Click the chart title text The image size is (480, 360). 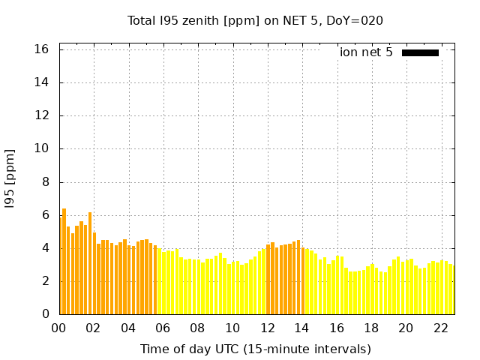255,21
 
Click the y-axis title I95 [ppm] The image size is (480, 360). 10,178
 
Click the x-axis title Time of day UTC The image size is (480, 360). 255,349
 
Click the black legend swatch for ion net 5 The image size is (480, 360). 420,52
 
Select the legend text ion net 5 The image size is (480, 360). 366,52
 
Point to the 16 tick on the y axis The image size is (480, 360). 42,49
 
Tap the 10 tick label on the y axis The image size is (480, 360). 42,148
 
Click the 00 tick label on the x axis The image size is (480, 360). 58,328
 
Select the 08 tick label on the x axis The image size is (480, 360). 197,328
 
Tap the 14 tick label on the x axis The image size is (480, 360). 301,328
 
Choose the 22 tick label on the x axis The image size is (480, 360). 440,328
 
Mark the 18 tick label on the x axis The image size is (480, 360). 371,328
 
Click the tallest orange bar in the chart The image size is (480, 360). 64,262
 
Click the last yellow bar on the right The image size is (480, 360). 451,289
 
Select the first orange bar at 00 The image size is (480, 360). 60,266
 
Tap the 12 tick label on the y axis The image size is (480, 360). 42,115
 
